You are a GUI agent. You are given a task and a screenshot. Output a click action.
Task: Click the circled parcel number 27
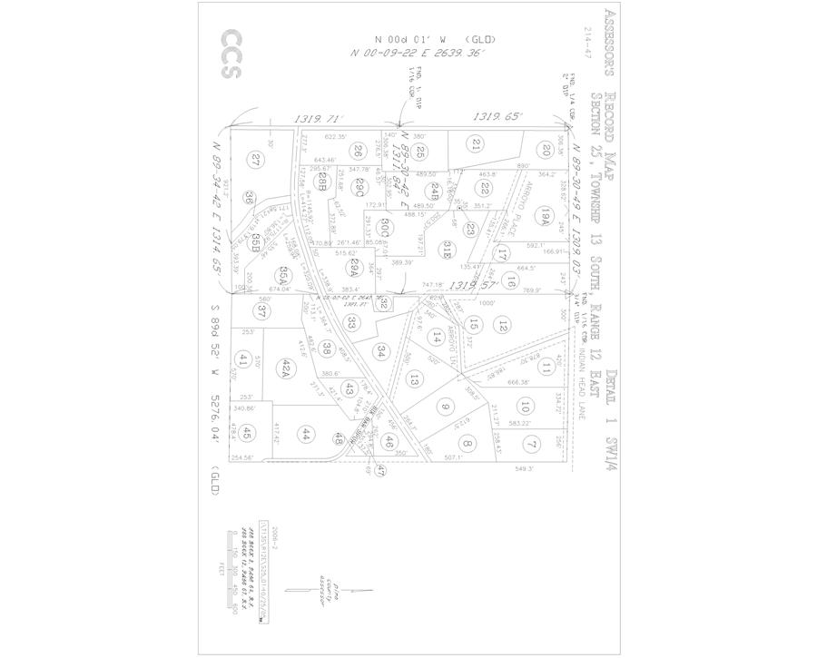point(256,161)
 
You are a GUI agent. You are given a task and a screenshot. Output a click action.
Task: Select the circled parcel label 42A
point(284,368)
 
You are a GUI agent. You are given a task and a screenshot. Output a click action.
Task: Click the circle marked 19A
point(546,216)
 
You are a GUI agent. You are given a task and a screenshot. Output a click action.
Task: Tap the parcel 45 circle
point(249,435)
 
